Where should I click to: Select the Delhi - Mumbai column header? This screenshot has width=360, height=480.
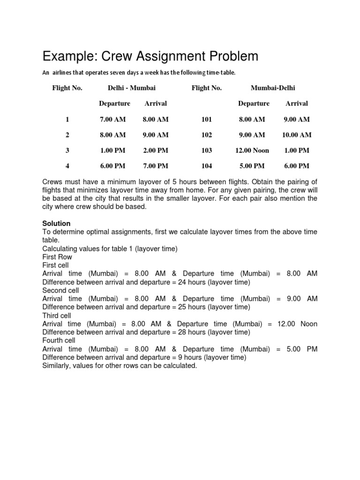click(125, 88)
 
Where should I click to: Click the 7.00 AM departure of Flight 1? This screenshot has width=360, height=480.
click(112, 119)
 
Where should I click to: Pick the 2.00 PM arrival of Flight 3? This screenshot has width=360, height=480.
click(156, 150)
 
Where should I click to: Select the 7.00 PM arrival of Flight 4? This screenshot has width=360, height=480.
click(156, 165)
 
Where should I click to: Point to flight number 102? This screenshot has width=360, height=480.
click(206, 135)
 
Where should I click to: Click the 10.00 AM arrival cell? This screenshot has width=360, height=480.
click(296, 135)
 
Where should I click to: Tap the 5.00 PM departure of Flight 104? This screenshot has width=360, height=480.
click(252, 165)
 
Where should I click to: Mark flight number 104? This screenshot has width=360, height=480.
click(206, 165)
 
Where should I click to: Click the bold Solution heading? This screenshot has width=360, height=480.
click(56, 224)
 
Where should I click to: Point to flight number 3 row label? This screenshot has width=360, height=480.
click(67, 150)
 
